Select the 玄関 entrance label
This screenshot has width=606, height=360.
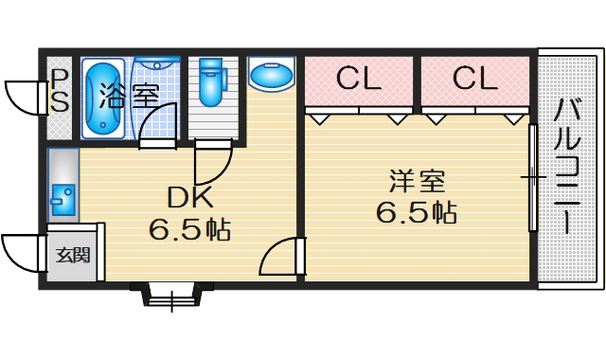[71, 254]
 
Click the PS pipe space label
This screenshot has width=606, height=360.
[59, 90]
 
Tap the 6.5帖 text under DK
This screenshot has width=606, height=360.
[190, 228]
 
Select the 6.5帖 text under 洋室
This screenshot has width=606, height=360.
[417, 211]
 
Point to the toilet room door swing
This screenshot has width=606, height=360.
[212, 163]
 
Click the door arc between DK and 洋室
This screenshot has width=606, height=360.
[278, 257]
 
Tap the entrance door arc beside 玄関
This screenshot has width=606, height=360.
[21, 251]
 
